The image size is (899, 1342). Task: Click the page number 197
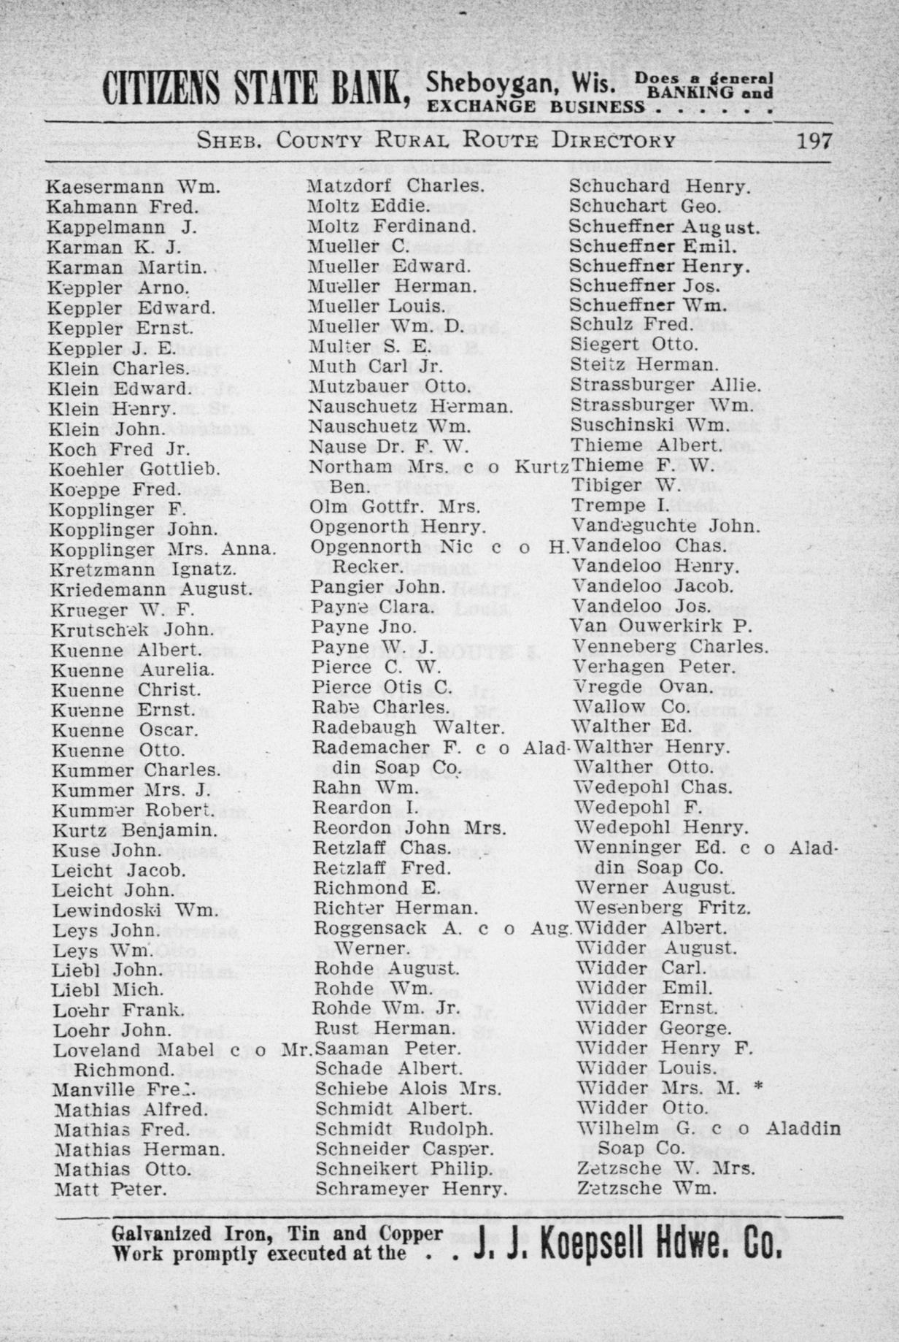click(x=814, y=141)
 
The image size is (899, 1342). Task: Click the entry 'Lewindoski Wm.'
click(x=135, y=910)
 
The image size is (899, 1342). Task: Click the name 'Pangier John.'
click(x=379, y=587)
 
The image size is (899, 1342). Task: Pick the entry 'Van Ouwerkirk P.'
click(x=662, y=626)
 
